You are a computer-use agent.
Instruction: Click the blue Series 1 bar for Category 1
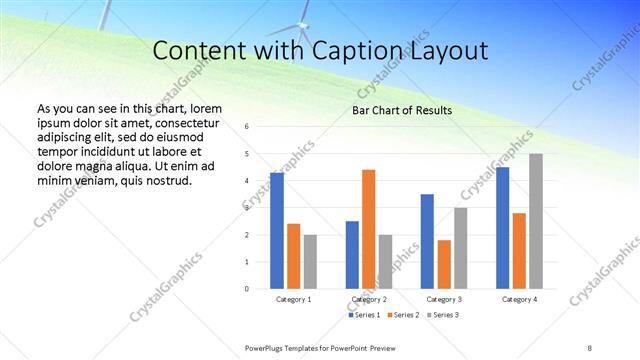(277, 231)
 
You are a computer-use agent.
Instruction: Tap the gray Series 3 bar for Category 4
(536, 221)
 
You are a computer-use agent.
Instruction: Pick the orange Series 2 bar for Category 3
(444, 264)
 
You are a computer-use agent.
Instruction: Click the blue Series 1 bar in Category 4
(503, 228)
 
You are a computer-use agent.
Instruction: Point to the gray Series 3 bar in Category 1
(310, 262)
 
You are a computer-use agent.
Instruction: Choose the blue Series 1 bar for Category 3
(427, 241)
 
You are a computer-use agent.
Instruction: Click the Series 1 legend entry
(364, 315)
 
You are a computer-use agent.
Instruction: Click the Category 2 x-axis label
(369, 299)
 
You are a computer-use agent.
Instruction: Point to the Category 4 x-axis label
(519, 299)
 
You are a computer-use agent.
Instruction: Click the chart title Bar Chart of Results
(401, 110)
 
